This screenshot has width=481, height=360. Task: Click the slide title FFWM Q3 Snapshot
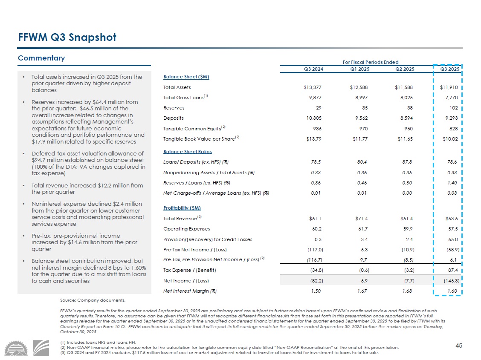67,37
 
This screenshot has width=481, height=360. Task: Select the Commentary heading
41,58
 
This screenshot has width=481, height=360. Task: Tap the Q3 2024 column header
313,69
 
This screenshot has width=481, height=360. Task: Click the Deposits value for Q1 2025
359,118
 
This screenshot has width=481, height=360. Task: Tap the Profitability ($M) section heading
182,208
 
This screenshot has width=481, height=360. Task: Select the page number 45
459,346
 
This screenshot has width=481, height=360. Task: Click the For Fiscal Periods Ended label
370,62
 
